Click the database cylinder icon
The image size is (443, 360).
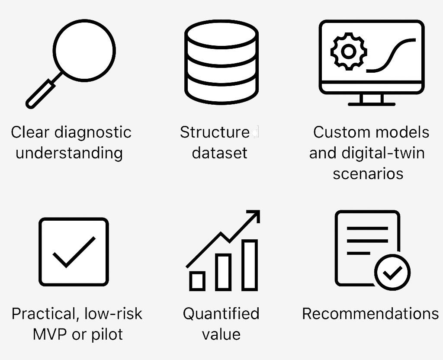(x=221, y=62)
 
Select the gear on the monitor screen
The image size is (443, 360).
(x=349, y=51)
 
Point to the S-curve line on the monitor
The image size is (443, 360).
(x=391, y=55)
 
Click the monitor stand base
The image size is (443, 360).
(x=371, y=104)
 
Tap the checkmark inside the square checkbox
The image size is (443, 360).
(x=74, y=252)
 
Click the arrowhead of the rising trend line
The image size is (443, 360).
(x=254, y=216)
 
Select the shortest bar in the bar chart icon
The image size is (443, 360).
(x=197, y=281)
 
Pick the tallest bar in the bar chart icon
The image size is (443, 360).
(x=250, y=265)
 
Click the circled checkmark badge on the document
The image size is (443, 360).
(x=392, y=272)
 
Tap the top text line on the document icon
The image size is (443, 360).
(x=367, y=228)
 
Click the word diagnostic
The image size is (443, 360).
(x=93, y=132)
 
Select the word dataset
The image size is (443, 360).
(x=219, y=153)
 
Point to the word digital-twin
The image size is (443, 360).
(x=383, y=153)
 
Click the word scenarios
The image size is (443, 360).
(x=368, y=174)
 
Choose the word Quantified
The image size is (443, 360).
(x=221, y=314)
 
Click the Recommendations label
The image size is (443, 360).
(x=370, y=314)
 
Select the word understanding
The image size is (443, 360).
(x=69, y=153)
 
